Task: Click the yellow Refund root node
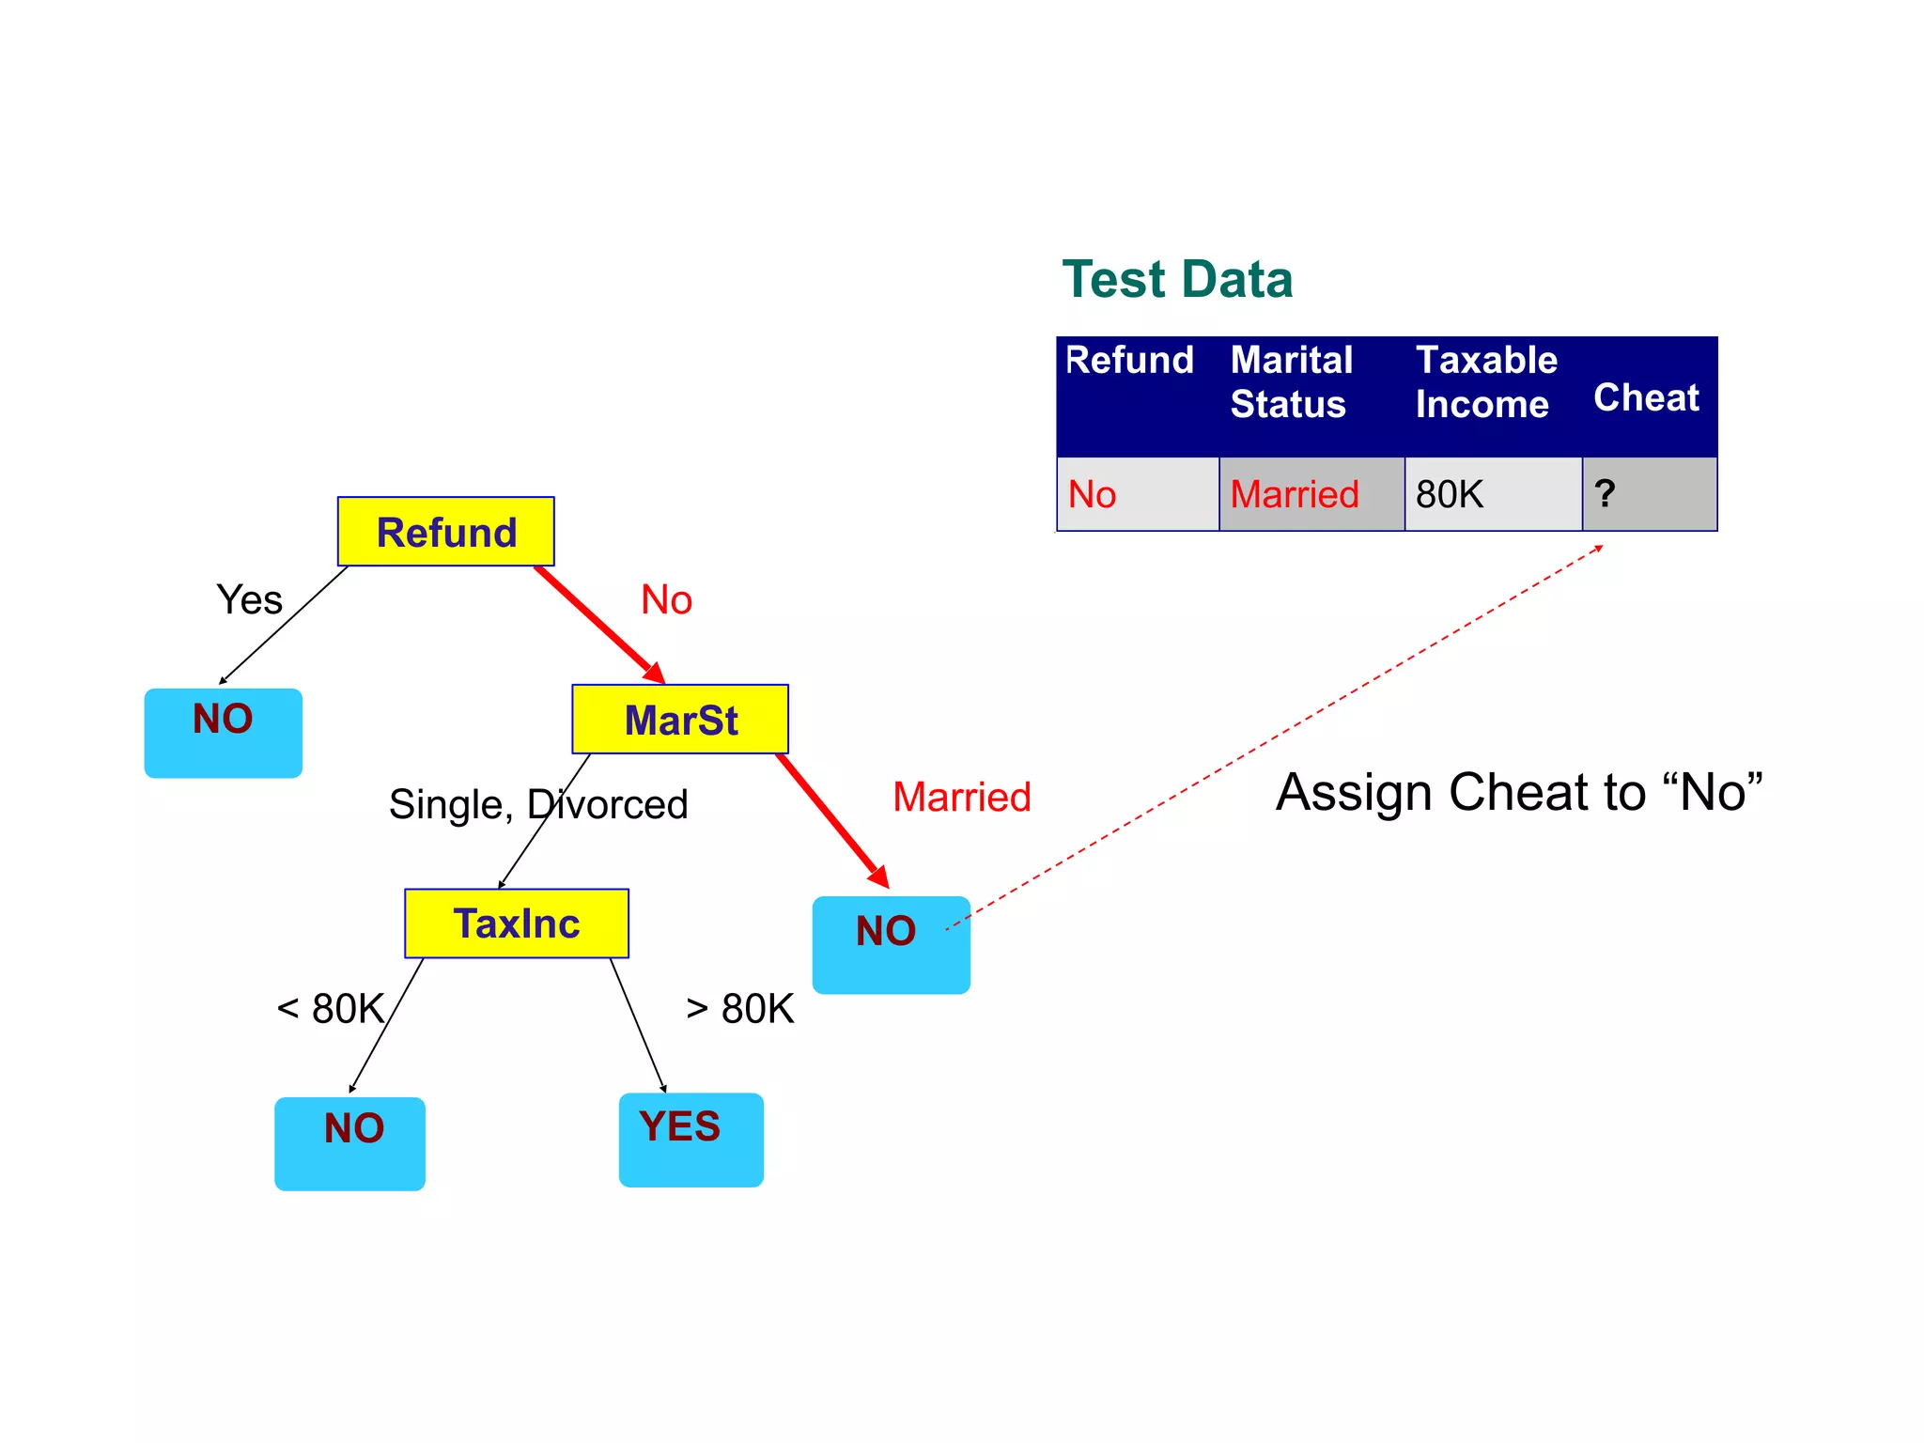click(x=445, y=532)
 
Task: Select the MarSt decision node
click(x=680, y=720)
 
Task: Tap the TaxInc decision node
click(x=517, y=923)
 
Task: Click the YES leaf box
click(x=690, y=1139)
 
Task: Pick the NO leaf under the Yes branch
click(x=223, y=733)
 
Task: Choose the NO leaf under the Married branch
click(x=890, y=944)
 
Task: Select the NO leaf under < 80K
click(x=349, y=1142)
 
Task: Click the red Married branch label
click(x=961, y=797)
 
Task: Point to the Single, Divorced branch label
click(x=538, y=804)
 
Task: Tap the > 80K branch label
click(x=740, y=1009)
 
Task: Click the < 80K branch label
click(x=331, y=1009)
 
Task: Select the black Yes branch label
click(x=249, y=599)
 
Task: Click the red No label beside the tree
click(x=666, y=599)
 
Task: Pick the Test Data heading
click(x=1177, y=279)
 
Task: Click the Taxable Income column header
click(x=1485, y=382)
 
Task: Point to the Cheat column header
click(x=1646, y=397)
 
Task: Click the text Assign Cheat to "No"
click(x=1518, y=792)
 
